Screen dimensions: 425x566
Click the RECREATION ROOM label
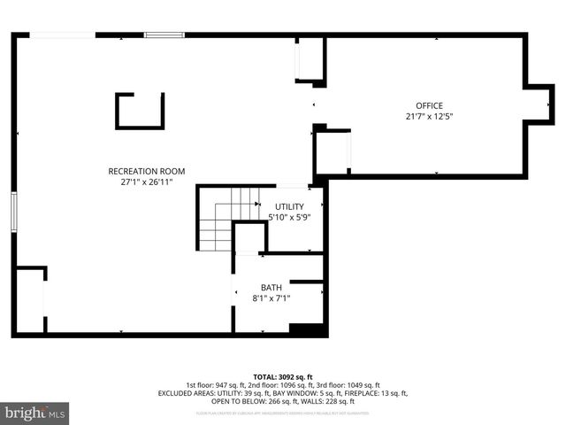pyautogui.click(x=146, y=171)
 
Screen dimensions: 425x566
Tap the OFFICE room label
pyautogui.click(x=430, y=106)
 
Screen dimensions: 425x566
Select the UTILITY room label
pyautogui.click(x=288, y=206)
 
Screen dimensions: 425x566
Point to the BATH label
pyautogui.click(x=271, y=287)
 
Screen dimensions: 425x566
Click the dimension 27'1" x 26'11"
pyautogui.click(x=146, y=182)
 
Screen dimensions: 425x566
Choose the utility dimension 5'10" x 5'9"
pyautogui.click(x=288, y=217)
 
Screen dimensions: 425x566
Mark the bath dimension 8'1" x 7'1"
pyautogui.click(x=271, y=298)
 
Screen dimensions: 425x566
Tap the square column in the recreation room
pyautogui.click(x=140, y=111)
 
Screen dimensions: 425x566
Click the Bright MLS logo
pyautogui.click(x=35, y=413)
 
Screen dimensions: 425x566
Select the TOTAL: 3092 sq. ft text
pyautogui.click(x=283, y=376)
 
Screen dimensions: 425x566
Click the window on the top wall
pyautogui.click(x=164, y=35)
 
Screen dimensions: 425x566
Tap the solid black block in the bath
pyautogui.click(x=307, y=330)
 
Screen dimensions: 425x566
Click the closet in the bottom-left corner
pyautogui.click(x=29, y=300)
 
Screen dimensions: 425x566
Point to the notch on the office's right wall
pyautogui.click(x=537, y=104)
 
